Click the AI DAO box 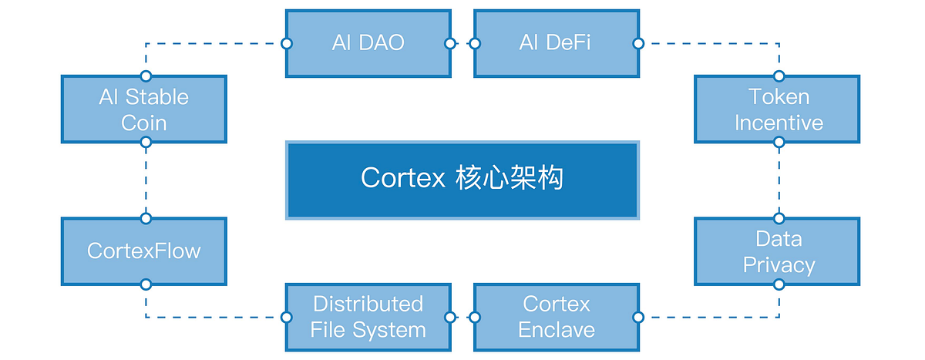tap(368, 43)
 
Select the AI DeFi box tap(555, 43)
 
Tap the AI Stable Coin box tap(144, 109)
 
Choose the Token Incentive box tap(777, 109)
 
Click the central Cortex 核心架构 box tap(462, 179)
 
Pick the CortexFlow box tap(144, 251)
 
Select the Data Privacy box tap(777, 251)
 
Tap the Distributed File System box tap(368, 317)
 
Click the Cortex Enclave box tap(555, 317)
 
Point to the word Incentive tap(779, 123)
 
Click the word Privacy tap(779, 265)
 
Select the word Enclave tap(556, 330)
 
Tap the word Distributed tap(368, 304)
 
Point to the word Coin tap(144, 123)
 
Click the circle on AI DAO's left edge tap(286, 43)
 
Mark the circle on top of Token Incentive tap(779, 76)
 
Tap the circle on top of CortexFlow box tap(146, 218)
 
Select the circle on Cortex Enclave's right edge tap(637, 317)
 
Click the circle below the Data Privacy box tap(779, 284)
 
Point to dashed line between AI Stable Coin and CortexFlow tap(146, 180)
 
